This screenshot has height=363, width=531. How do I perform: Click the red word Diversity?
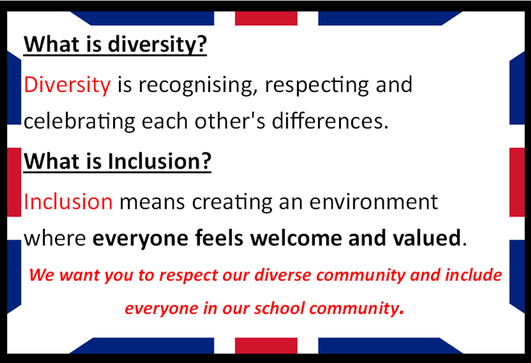67,84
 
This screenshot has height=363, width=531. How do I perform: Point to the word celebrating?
79,122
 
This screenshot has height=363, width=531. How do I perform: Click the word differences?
330,120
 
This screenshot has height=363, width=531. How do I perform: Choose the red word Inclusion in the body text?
68,202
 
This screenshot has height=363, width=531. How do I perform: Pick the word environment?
374,202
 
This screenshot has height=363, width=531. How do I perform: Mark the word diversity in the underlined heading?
157,44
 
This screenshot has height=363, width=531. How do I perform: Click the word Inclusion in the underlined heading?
159,161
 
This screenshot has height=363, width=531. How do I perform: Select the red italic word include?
474,275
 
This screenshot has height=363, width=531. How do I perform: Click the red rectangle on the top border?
266,18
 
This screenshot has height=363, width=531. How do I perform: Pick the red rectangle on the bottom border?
266,346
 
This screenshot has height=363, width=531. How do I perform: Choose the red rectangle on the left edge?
14,182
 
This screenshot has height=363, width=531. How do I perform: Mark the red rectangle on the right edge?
517,182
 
